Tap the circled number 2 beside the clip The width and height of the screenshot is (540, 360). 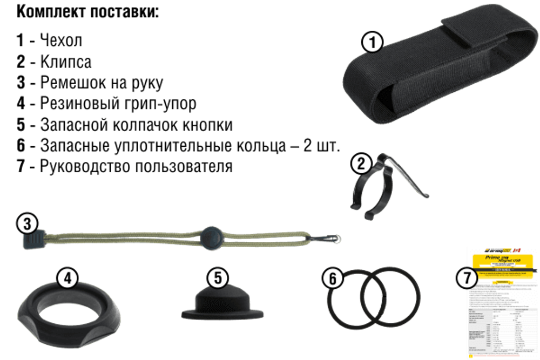pos(361,162)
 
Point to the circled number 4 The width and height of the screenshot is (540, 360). pos(66,278)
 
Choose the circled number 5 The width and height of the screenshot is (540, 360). pos(218,277)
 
